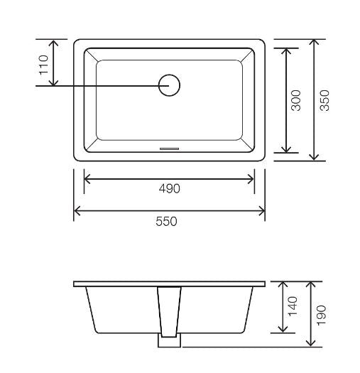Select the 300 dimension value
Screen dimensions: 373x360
(298, 100)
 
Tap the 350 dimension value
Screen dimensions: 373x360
(325, 100)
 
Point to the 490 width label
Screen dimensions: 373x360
(169, 188)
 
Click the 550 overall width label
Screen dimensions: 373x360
(166, 221)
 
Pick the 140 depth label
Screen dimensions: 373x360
(294, 306)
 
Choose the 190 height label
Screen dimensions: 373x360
(321, 313)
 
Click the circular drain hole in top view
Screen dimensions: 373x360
(169, 85)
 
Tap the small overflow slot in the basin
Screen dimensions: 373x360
(170, 148)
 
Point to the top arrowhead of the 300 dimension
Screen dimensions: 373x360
(286, 51)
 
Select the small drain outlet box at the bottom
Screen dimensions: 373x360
(169, 341)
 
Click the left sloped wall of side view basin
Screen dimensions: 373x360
(89, 309)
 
